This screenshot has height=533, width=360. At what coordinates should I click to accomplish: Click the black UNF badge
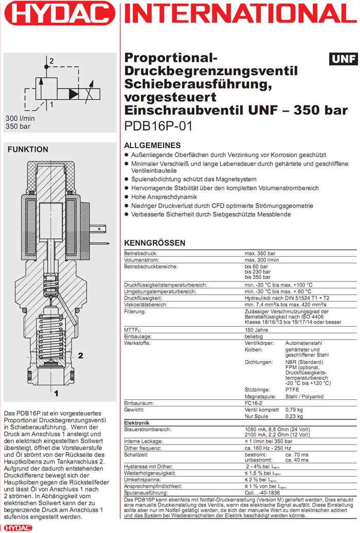tap(343, 59)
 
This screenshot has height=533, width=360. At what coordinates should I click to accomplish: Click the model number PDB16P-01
tap(158, 126)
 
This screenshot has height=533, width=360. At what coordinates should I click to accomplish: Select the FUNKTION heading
tap(27, 149)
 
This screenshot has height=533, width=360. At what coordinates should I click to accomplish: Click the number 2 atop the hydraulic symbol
tap(51, 61)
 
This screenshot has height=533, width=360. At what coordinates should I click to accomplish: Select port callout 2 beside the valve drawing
tap(80, 355)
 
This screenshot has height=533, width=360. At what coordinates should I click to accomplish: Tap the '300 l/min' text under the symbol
tap(19, 118)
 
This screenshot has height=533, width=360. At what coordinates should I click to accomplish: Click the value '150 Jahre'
tap(257, 330)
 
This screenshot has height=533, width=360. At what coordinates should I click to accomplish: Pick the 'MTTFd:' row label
tap(133, 330)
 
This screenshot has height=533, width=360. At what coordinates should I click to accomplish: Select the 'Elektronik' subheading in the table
tap(137, 422)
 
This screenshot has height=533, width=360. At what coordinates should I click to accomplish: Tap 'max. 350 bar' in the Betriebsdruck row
tap(260, 254)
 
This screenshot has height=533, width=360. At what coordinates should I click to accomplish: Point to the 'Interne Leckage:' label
tap(143, 441)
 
